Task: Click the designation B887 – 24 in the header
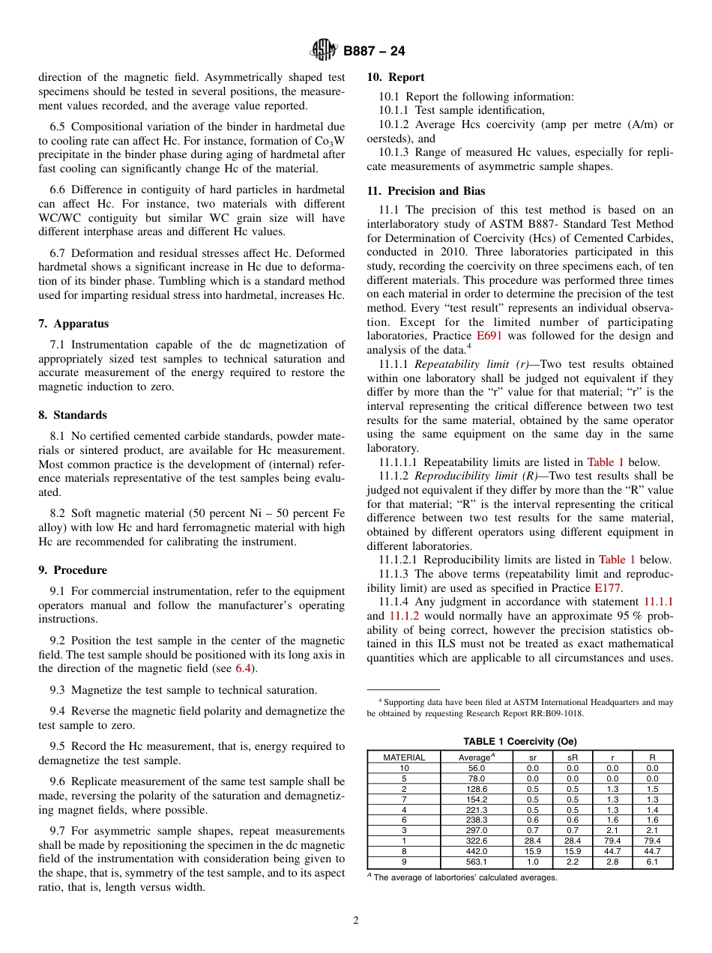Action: click(374, 52)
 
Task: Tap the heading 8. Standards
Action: click(73, 415)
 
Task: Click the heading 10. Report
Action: click(395, 77)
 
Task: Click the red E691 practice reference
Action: click(490, 336)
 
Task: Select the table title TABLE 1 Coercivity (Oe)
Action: click(519, 742)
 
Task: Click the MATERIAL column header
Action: click(404, 757)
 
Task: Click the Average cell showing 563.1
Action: click(477, 862)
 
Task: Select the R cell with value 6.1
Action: click(652, 862)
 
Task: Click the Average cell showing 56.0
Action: click(477, 768)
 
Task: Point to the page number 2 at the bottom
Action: click(356, 921)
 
